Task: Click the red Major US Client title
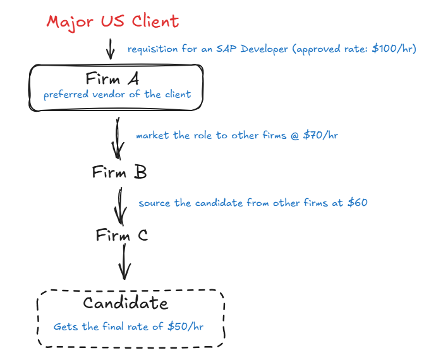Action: coord(112,21)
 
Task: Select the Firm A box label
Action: coord(117,79)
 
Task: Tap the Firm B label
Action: coord(119,172)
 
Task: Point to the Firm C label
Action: coord(122,236)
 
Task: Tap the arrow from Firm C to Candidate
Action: coord(124,261)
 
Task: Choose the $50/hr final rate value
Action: coord(186,327)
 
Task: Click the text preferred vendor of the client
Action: coord(117,95)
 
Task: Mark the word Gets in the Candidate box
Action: coord(65,327)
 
